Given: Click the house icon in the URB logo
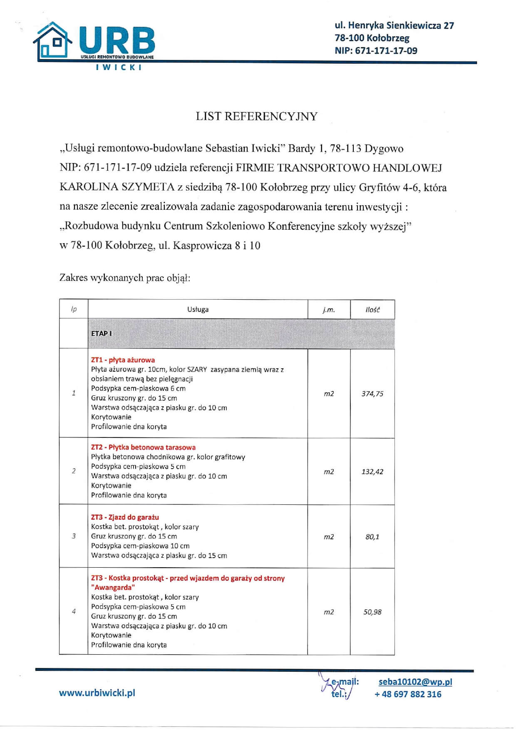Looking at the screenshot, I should click(53, 41).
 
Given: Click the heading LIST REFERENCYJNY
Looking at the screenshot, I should click(256, 116).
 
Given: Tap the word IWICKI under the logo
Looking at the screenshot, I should click(119, 67).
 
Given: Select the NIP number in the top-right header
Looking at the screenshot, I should click(375, 51).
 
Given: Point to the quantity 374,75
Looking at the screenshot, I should click(372, 394).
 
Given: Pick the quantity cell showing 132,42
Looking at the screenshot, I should click(372, 472).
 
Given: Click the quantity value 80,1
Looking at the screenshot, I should click(372, 537).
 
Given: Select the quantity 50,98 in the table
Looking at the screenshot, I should click(372, 612).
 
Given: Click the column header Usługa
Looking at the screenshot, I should click(198, 310).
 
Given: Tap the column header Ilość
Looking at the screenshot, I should click(372, 310).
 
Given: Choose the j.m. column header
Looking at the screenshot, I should click(329, 310).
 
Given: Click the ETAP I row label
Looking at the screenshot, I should click(102, 333).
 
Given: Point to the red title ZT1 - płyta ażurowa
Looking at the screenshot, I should click(123, 360).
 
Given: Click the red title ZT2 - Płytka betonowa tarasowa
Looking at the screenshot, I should click(143, 447).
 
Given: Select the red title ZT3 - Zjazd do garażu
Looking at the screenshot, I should click(125, 517).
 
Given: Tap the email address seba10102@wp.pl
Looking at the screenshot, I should click(415, 682).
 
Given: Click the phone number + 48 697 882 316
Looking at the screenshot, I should click(408, 694).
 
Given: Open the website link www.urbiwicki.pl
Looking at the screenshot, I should click(97, 693).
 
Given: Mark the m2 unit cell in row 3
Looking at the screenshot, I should click(329, 537).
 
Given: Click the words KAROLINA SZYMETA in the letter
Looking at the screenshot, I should click(117, 187).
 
